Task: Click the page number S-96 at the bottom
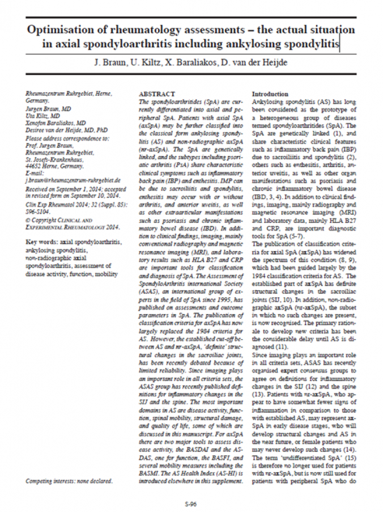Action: (191, 503)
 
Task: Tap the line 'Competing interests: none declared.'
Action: (69, 481)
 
